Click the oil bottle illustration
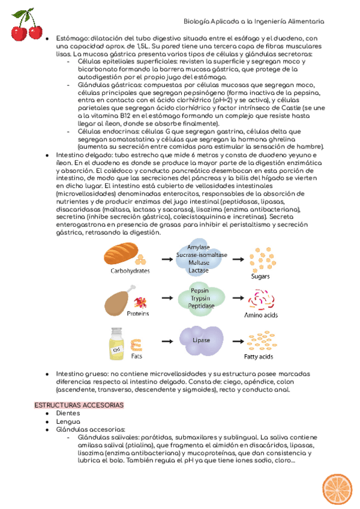point(116,343)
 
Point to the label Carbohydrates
point(130,271)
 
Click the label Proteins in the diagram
point(138,313)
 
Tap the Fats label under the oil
point(137,356)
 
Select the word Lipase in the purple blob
point(201,340)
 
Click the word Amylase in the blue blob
point(198,247)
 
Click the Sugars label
point(260,276)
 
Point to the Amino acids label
point(260,315)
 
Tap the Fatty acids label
point(259,357)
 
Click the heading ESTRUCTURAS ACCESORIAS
point(79,405)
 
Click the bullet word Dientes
point(68,414)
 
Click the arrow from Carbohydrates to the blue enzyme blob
point(160,259)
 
